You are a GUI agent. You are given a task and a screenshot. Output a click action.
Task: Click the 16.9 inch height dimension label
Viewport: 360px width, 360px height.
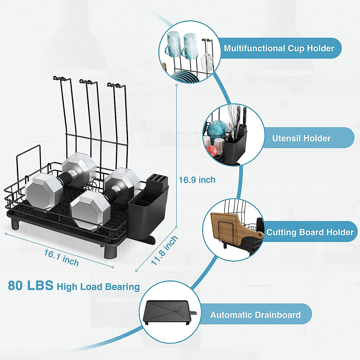197,180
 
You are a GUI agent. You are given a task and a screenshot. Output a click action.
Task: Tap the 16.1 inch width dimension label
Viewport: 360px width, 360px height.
61,258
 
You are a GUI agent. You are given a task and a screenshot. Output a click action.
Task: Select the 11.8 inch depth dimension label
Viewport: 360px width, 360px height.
164,250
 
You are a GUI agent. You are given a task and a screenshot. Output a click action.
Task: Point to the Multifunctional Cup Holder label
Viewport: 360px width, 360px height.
279,48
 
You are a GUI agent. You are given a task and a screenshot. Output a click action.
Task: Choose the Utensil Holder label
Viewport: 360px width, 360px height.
301,138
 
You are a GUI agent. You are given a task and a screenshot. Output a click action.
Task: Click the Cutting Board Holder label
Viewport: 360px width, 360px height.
310,232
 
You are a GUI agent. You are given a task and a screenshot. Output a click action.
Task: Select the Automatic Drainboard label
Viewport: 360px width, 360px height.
255,315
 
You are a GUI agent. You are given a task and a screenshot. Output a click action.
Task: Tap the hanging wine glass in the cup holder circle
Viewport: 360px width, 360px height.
207,62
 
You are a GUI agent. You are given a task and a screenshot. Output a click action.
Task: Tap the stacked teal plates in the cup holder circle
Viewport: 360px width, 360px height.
185,76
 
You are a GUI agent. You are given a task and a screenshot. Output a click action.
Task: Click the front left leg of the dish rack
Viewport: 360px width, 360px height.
15,224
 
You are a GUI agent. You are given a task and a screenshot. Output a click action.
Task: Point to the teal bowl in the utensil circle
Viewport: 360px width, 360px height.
217,130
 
